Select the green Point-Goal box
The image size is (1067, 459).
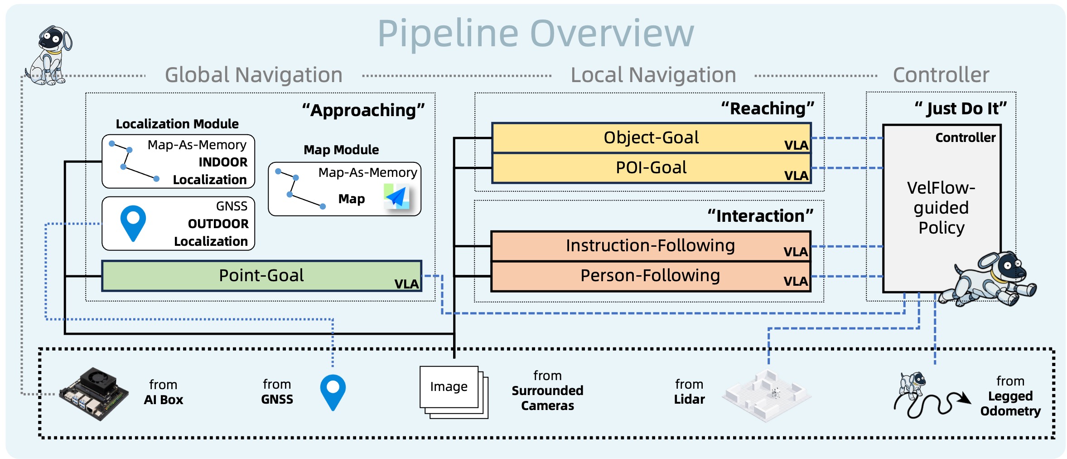(261, 275)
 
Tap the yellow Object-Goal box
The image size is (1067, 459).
(651, 137)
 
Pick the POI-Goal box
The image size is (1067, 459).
(651, 168)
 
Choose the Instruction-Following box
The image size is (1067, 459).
(650, 246)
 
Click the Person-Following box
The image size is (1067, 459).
(650, 276)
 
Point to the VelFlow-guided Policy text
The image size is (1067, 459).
(941, 208)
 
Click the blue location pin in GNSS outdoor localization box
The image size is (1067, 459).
(133, 223)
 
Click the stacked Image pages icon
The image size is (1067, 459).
(453, 391)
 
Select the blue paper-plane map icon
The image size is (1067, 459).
(397, 197)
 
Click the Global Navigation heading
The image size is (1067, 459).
(253, 75)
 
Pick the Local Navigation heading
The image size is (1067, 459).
(653, 75)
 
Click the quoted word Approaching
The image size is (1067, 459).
(363, 110)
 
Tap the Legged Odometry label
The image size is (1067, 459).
(1010, 403)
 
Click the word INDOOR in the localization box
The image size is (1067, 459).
(223, 162)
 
